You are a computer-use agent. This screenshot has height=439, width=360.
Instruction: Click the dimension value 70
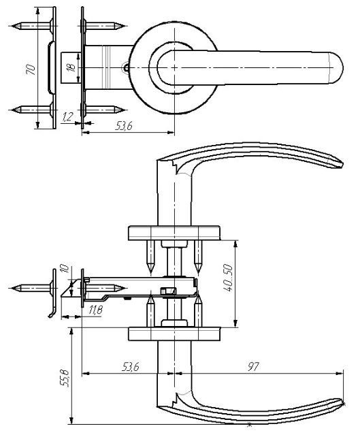[31, 69]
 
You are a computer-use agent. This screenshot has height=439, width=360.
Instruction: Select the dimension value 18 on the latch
[72, 67]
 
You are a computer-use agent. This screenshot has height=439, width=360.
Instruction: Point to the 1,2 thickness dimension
[67, 117]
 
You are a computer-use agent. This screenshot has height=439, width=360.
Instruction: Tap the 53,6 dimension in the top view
[124, 127]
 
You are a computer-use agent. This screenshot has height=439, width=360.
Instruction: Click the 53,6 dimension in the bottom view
[131, 366]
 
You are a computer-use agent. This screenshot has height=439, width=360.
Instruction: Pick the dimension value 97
[253, 366]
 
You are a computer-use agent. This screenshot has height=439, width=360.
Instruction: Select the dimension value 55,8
[65, 378]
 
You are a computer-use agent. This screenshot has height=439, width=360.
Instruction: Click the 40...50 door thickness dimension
[228, 278]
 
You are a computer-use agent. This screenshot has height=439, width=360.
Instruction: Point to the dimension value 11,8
[96, 310]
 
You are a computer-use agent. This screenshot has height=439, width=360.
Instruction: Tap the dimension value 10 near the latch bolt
[65, 268]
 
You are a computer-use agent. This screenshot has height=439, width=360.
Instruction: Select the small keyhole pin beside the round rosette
[127, 67]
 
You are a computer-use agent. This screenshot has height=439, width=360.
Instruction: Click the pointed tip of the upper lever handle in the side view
[342, 165]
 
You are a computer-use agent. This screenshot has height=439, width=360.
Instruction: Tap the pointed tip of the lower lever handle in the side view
[342, 403]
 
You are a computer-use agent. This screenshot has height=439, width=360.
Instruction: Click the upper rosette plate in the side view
[174, 233]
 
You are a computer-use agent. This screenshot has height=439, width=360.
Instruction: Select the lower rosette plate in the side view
[174, 334]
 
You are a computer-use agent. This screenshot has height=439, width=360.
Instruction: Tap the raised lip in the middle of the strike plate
[50, 68]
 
